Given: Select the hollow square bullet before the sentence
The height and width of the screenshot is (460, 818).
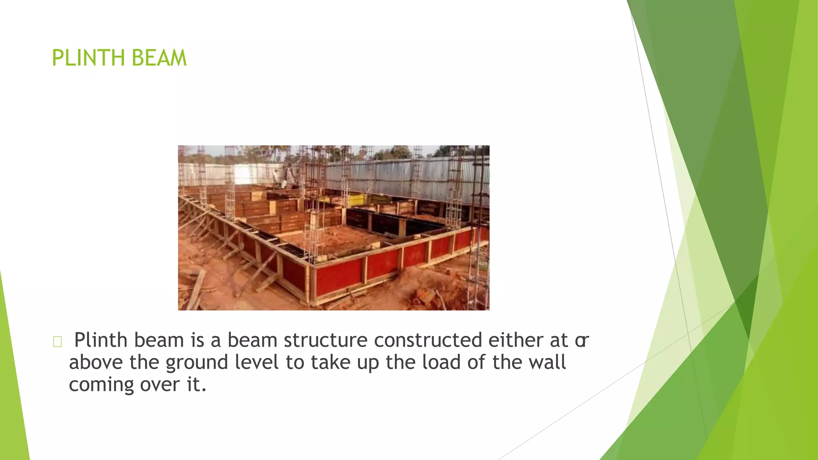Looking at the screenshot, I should pyautogui.click(x=57, y=342).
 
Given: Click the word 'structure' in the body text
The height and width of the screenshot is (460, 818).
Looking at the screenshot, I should pyautogui.click(x=326, y=340).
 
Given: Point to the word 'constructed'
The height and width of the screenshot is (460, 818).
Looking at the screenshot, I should pyautogui.click(x=428, y=340).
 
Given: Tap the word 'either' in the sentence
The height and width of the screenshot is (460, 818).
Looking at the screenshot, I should pyautogui.click(x=516, y=340).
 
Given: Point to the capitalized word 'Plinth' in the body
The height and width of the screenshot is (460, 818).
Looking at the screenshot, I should pyautogui.click(x=101, y=340).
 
